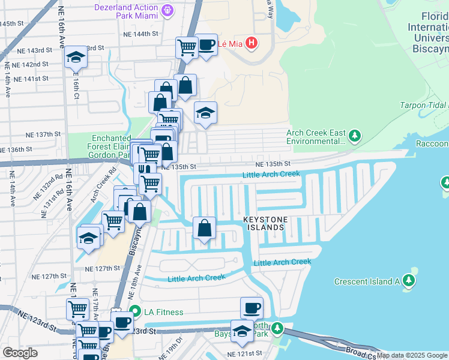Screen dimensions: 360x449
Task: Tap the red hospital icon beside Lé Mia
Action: [252, 43]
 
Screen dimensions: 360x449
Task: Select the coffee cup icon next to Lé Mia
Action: [206, 45]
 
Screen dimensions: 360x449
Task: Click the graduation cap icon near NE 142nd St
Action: [76, 58]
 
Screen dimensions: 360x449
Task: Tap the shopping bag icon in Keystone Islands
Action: [204, 228]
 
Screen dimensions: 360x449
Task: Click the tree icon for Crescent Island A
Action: [409, 280]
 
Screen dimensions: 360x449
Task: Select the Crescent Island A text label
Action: [367, 281]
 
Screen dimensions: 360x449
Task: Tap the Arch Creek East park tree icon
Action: [355, 136]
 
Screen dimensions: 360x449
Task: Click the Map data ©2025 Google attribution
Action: [412, 355]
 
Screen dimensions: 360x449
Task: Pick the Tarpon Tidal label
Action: [423, 106]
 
